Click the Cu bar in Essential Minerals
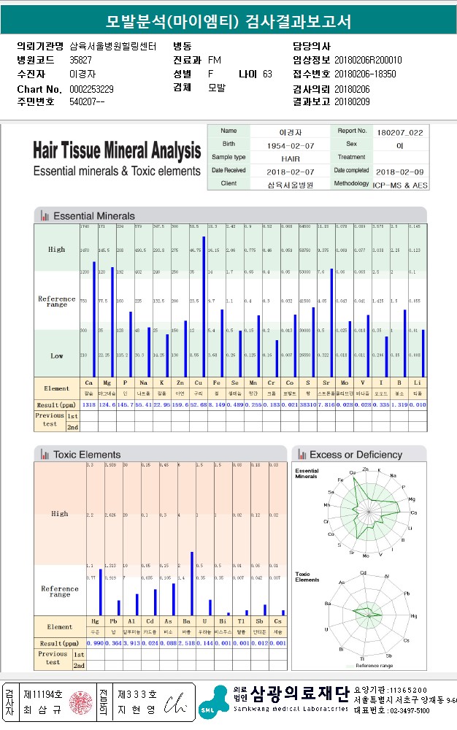(x=203, y=307)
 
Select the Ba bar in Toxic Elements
(x=191, y=584)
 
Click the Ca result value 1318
(x=89, y=404)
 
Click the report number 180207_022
(x=400, y=132)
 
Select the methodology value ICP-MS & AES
(x=401, y=185)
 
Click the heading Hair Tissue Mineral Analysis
(x=117, y=151)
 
